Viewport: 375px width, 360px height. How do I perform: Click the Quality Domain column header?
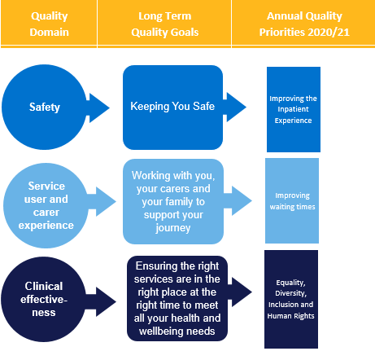click(x=49, y=24)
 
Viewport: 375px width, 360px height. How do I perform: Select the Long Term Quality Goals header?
click(x=164, y=24)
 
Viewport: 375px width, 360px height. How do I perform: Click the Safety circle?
click(x=44, y=107)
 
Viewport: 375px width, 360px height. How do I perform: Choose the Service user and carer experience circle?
click(x=46, y=205)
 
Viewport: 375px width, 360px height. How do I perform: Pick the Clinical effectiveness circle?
click(x=44, y=299)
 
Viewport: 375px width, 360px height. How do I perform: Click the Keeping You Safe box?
click(x=172, y=108)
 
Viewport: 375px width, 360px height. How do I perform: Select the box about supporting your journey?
click(x=173, y=201)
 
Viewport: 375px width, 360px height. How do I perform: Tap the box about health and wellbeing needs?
click(x=177, y=298)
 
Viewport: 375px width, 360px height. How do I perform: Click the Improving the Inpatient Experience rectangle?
click(x=294, y=109)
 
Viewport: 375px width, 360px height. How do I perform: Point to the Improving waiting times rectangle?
click(x=292, y=200)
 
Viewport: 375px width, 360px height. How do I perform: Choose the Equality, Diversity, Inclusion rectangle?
click(x=291, y=299)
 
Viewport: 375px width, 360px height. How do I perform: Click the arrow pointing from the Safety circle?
click(x=98, y=108)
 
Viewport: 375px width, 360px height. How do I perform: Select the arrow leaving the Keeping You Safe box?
click(x=234, y=107)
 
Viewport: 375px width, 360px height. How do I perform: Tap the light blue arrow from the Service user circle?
click(x=102, y=201)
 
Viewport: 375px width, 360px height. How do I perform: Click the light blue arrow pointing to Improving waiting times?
click(x=238, y=201)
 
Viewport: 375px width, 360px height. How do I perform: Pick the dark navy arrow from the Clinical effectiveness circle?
click(x=101, y=301)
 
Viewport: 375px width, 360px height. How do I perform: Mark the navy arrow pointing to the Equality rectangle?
click(x=240, y=292)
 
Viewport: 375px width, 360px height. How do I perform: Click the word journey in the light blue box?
click(x=173, y=228)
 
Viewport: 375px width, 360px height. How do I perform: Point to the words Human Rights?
click(x=290, y=316)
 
